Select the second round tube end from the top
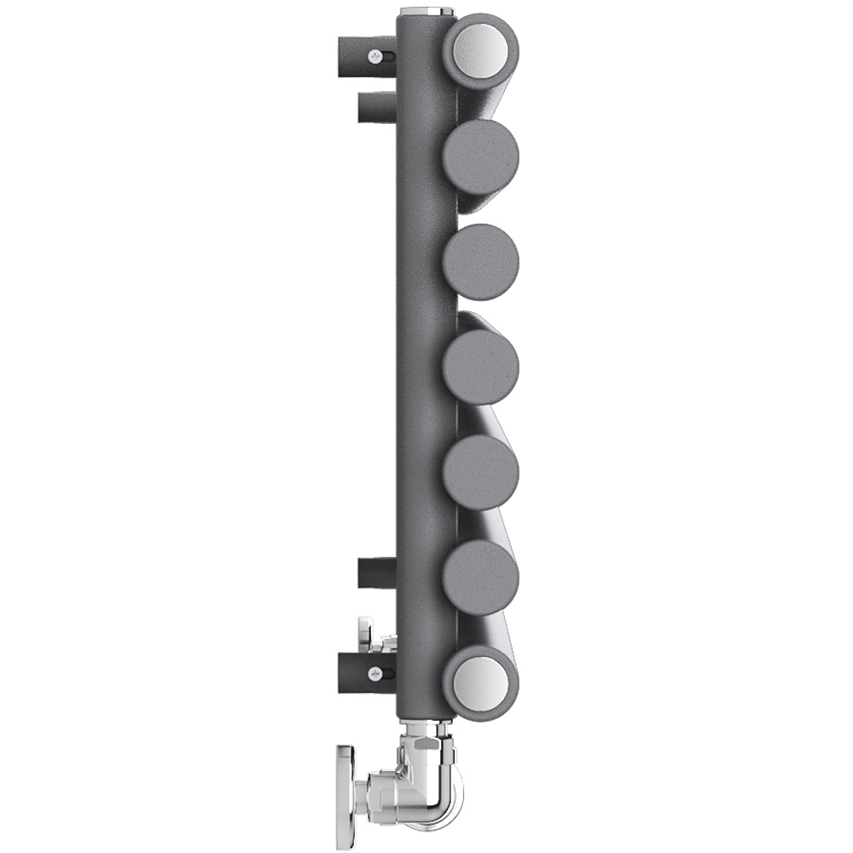[x=480, y=157]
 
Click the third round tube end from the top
[x=480, y=262]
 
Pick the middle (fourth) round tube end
[x=480, y=368]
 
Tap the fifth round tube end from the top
[x=480, y=473]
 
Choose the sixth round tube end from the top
[x=480, y=578]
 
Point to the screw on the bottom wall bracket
[x=374, y=673]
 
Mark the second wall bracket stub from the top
[x=375, y=109]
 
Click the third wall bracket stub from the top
[x=375, y=573]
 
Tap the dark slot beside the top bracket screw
[x=388, y=57]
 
